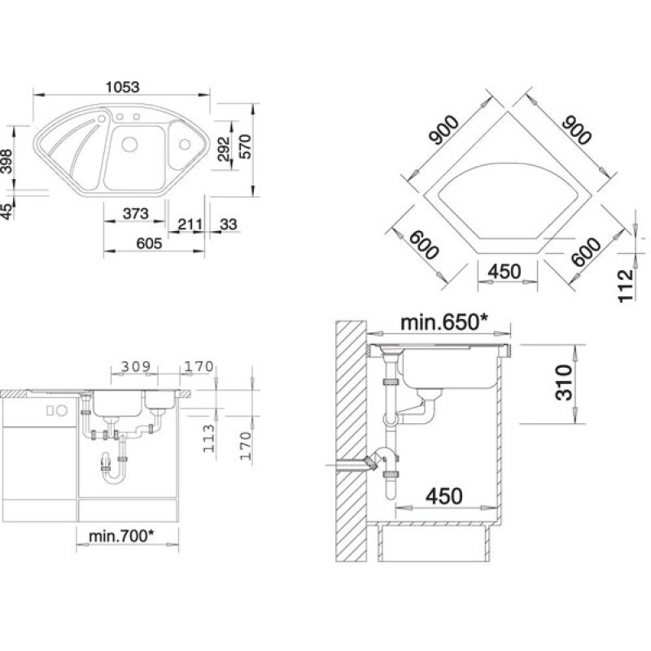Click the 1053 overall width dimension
[123, 87]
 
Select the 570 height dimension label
[246, 146]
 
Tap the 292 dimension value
[224, 148]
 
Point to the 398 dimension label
[7, 161]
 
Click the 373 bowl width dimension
[136, 213]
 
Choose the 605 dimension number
[149, 243]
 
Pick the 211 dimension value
[190, 225]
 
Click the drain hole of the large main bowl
[129, 145]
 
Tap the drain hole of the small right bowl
[184, 145]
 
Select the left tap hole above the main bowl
[120, 116]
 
